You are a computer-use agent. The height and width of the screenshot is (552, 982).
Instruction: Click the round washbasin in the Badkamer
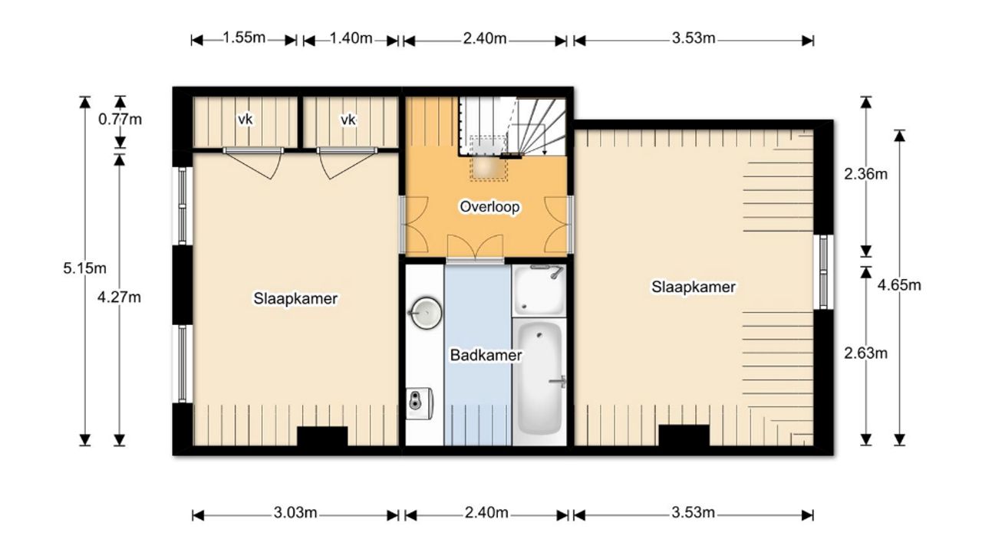pyautogui.click(x=426, y=313)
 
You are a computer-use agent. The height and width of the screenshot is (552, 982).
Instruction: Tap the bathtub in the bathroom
pyautogui.click(x=539, y=379)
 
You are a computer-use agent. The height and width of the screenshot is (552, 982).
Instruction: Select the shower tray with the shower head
pyautogui.click(x=539, y=290)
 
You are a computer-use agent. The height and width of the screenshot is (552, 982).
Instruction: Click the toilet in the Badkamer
pyautogui.click(x=420, y=403)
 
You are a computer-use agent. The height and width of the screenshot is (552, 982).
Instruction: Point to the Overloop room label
pyautogui.click(x=489, y=206)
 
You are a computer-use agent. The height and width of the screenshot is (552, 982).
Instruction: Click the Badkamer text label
pyautogui.click(x=486, y=355)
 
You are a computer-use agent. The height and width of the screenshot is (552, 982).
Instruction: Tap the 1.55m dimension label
pyautogui.click(x=244, y=38)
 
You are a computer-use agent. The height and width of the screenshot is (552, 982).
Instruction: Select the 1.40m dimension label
pyautogui.click(x=351, y=38)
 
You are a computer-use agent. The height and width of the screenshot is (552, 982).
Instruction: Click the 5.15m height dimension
pyautogui.click(x=84, y=268)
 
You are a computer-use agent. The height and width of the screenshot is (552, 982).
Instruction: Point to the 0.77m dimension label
pyautogui.click(x=120, y=119)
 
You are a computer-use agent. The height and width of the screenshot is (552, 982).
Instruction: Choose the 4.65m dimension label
pyautogui.click(x=899, y=285)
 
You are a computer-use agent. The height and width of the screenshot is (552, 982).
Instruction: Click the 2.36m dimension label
pyautogui.click(x=866, y=174)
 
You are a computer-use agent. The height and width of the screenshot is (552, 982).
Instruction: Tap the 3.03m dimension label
pyautogui.click(x=295, y=512)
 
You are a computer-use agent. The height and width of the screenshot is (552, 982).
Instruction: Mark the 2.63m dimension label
pyautogui.click(x=866, y=353)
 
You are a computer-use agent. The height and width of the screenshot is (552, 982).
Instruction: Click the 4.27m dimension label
pyautogui.click(x=119, y=297)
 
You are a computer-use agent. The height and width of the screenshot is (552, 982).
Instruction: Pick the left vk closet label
pyautogui.click(x=245, y=119)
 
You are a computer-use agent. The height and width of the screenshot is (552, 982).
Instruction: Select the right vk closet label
pyautogui.click(x=348, y=119)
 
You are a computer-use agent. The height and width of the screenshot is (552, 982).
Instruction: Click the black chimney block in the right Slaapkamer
pyautogui.click(x=684, y=435)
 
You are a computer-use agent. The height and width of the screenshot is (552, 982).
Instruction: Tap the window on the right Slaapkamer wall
pyautogui.click(x=823, y=271)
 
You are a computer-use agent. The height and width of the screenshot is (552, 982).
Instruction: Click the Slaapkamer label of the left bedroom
pyautogui.click(x=295, y=298)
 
